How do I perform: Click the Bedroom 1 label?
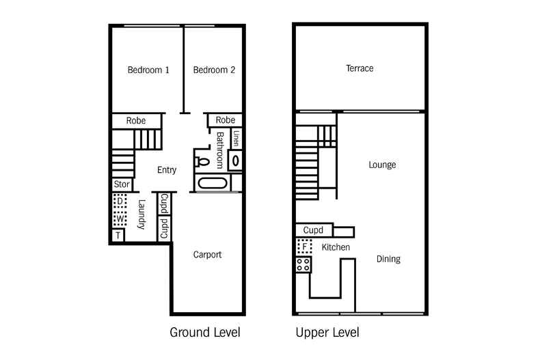pyautogui.click(x=148, y=70)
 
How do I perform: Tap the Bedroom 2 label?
pyautogui.click(x=214, y=70)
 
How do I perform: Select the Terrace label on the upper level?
pyautogui.click(x=360, y=68)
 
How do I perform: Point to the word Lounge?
pyautogui.click(x=382, y=165)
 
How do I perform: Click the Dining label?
pyautogui.click(x=388, y=259)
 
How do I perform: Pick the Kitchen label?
pyautogui.click(x=336, y=247)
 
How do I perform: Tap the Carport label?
pyautogui.click(x=207, y=255)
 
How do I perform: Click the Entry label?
pyautogui.click(x=167, y=170)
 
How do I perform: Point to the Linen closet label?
pyautogui.click(x=236, y=139)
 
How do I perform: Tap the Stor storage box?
pyautogui.click(x=122, y=184)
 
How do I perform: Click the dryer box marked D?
pyautogui.click(x=120, y=202)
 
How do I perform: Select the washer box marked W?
pyautogui.click(x=120, y=219)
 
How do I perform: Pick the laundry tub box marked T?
pyautogui.click(x=119, y=235)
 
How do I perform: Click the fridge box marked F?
pyautogui.click(x=303, y=246)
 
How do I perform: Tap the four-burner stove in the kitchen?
pyautogui.click(x=303, y=264)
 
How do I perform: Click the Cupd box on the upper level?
pyautogui.click(x=314, y=230)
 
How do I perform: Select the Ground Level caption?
pyautogui.click(x=204, y=333)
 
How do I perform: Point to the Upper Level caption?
pyautogui.click(x=327, y=333)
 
